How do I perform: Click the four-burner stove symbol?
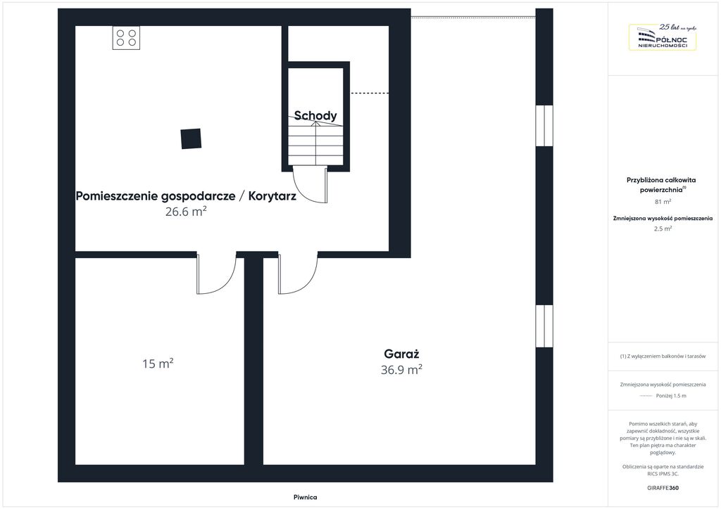126,38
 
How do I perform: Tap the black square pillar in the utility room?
191,138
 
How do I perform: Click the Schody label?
315,115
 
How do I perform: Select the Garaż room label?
401,354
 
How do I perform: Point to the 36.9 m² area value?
401,370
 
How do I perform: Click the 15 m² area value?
158,363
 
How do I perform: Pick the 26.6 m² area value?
186,211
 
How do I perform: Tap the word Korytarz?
272,196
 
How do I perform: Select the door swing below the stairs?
311,184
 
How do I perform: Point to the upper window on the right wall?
544,126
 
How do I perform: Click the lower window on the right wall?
544,326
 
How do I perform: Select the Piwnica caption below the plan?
306,497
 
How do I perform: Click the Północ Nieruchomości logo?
663,37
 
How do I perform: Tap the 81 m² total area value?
663,202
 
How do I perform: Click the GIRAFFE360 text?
663,488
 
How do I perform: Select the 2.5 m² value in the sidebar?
663,228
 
